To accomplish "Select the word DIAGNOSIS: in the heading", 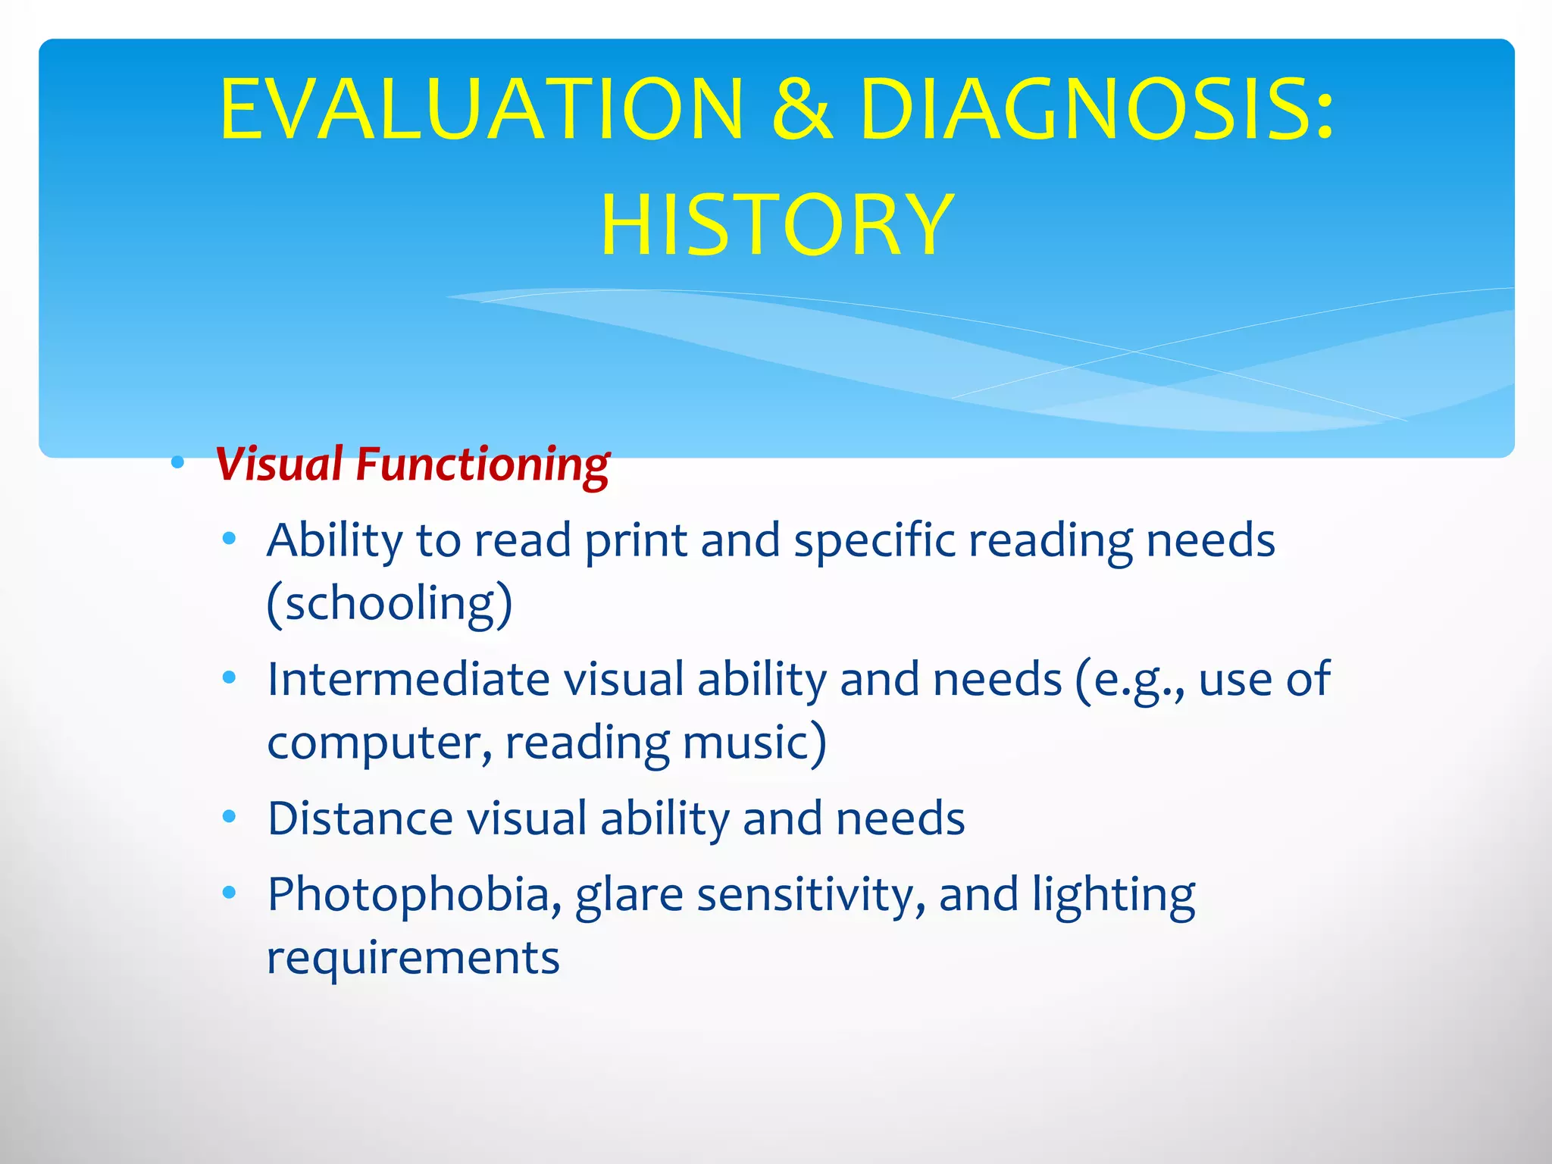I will click(x=1097, y=110).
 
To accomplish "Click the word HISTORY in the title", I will click(x=777, y=225).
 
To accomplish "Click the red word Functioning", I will click(x=483, y=465).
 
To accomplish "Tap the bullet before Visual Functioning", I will click(x=178, y=462).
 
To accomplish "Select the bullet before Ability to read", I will click(x=230, y=540).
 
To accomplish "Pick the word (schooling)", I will click(x=390, y=604).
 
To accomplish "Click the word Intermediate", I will click(x=408, y=678).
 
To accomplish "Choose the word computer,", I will click(x=379, y=743).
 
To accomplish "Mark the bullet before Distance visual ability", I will click(x=230, y=817).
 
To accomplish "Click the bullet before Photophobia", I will click(x=230, y=893).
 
